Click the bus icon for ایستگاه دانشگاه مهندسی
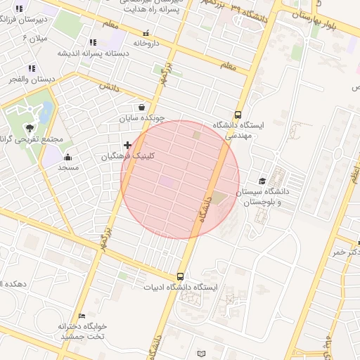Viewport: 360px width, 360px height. tap(238, 115)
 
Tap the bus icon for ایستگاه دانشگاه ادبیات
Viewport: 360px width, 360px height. tap(181, 276)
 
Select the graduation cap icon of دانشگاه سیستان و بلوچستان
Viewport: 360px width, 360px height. tap(262, 181)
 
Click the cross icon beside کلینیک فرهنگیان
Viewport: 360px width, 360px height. tap(127, 146)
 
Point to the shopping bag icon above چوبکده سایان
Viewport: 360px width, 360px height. tap(142, 108)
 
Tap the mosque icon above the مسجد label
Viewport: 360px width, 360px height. tap(67, 157)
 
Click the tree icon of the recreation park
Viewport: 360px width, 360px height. tap(30, 127)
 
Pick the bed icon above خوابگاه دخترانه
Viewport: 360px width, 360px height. tap(82, 316)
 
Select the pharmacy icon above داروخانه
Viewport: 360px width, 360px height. tap(146, 33)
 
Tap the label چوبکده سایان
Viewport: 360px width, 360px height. tap(141, 118)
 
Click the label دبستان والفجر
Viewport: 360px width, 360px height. tap(32, 79)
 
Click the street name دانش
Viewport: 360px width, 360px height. tap(107, 86)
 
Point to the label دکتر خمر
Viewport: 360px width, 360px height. tap(348, 251)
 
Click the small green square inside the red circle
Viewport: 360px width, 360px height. tap(196, 135)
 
